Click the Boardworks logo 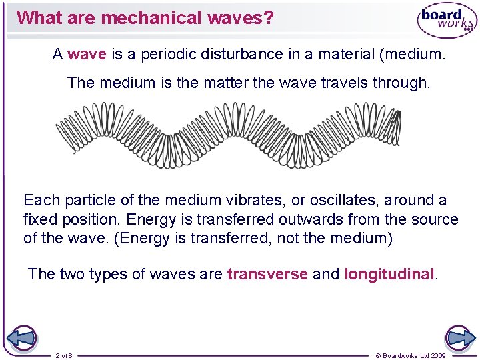pos(446,21)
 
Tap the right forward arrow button pos(459,338)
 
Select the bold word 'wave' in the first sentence pos(87,55)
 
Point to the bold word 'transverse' pos(267,274)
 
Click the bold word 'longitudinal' pos(389,274)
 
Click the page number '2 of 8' pos(64,355)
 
